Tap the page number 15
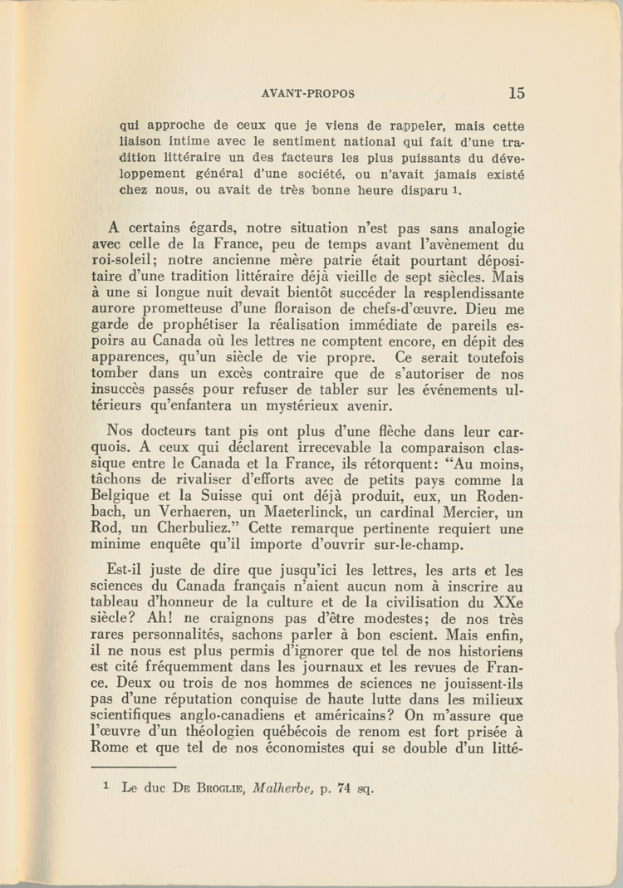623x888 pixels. [x=517, y=93]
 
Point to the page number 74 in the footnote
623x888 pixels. [x=346, y=789]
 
